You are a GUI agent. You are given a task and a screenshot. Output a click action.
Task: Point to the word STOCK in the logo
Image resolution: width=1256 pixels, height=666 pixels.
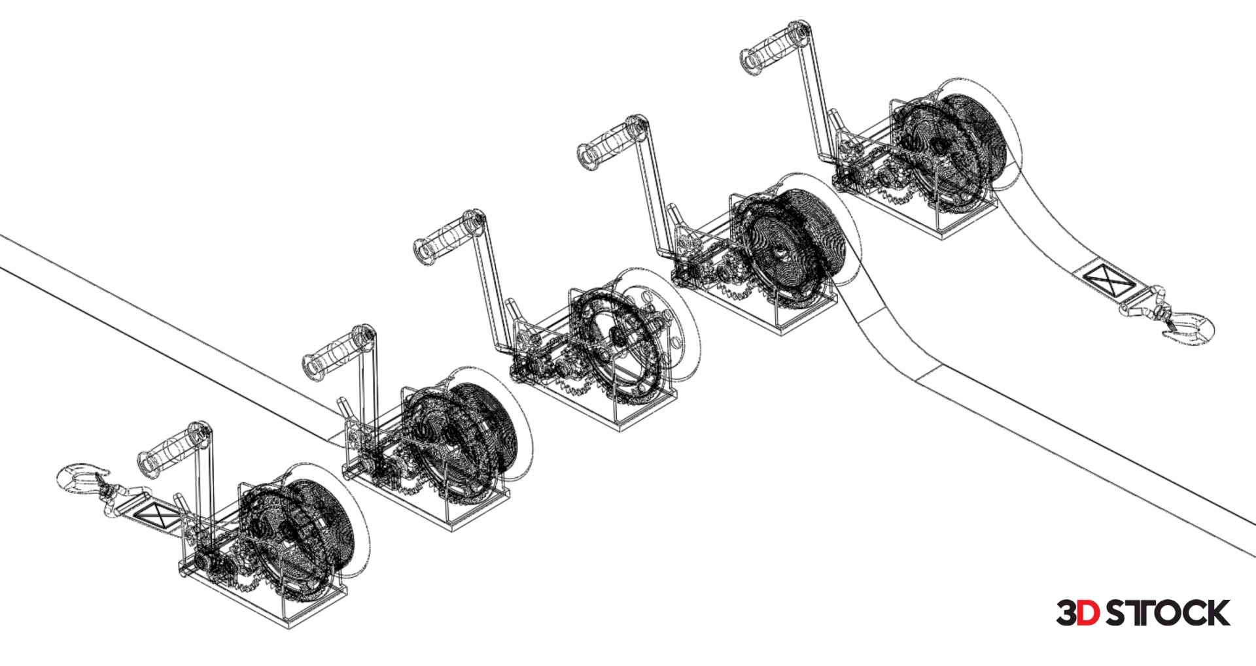pyautogui.click(x=1167, y=613)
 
